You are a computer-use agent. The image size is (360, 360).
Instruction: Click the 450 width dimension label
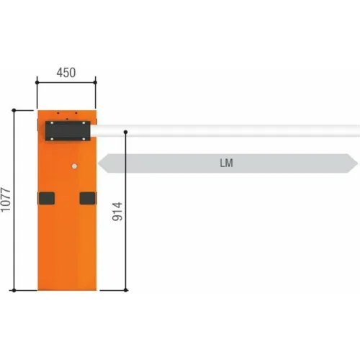click(66, 73)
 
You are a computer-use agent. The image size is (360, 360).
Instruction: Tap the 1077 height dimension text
click(6, 200)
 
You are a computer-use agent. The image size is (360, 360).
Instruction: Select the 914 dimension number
click(117, 212)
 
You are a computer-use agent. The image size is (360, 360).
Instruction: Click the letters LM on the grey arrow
click(226, 163)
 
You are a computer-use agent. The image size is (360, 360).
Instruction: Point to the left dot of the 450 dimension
click(37, 83)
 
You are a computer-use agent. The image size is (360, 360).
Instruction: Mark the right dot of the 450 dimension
click(95, 83)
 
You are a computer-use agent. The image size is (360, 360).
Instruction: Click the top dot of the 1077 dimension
click(14, 110)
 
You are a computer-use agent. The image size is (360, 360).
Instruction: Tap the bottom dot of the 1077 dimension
click(14, 290)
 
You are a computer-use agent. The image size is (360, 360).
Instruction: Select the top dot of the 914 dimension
click(125, 132)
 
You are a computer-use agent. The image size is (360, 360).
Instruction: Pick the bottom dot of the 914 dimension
click(125, 290)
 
